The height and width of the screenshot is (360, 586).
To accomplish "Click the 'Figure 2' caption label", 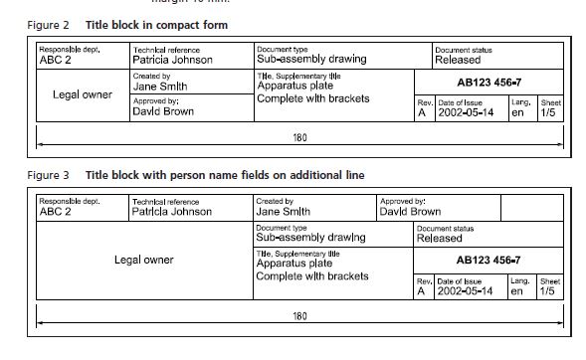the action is click(48, 25).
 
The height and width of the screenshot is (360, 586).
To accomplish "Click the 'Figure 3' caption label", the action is click(48, 175).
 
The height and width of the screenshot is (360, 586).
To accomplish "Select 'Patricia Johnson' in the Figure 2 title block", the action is click(172, 60).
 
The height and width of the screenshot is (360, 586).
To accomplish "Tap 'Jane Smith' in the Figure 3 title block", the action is click(283, 212).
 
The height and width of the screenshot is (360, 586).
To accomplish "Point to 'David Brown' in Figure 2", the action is click(163, 111).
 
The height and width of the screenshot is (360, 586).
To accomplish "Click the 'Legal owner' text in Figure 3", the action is click(144, 260).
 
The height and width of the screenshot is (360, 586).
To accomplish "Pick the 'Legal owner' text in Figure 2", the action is click(83, 94).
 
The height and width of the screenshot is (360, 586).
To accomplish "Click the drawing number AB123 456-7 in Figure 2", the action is click(488, 83).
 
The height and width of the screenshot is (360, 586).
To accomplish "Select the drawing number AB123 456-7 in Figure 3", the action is click(488, 260).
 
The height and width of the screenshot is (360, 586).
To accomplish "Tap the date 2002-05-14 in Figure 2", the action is click(466, 112).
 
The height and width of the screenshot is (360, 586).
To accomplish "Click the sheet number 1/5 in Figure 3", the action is click(547, 291).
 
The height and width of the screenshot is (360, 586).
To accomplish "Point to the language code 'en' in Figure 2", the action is click(517, 112).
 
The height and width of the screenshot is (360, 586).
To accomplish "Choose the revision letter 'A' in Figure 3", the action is click(421, 291).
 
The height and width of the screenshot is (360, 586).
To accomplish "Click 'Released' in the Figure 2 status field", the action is click(458, 60).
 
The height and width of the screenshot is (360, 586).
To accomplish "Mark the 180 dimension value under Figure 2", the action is click(299, 138).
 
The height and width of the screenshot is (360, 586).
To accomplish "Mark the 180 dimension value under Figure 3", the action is click(299, 316).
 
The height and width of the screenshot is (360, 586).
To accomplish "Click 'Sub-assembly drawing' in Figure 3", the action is click(310, 237).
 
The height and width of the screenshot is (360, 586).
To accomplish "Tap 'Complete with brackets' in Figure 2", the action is click(313, 98).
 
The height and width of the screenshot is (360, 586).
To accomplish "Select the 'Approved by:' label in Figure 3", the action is click(403, 201).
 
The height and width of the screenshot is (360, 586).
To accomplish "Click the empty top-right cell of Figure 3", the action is click(532, 208).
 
